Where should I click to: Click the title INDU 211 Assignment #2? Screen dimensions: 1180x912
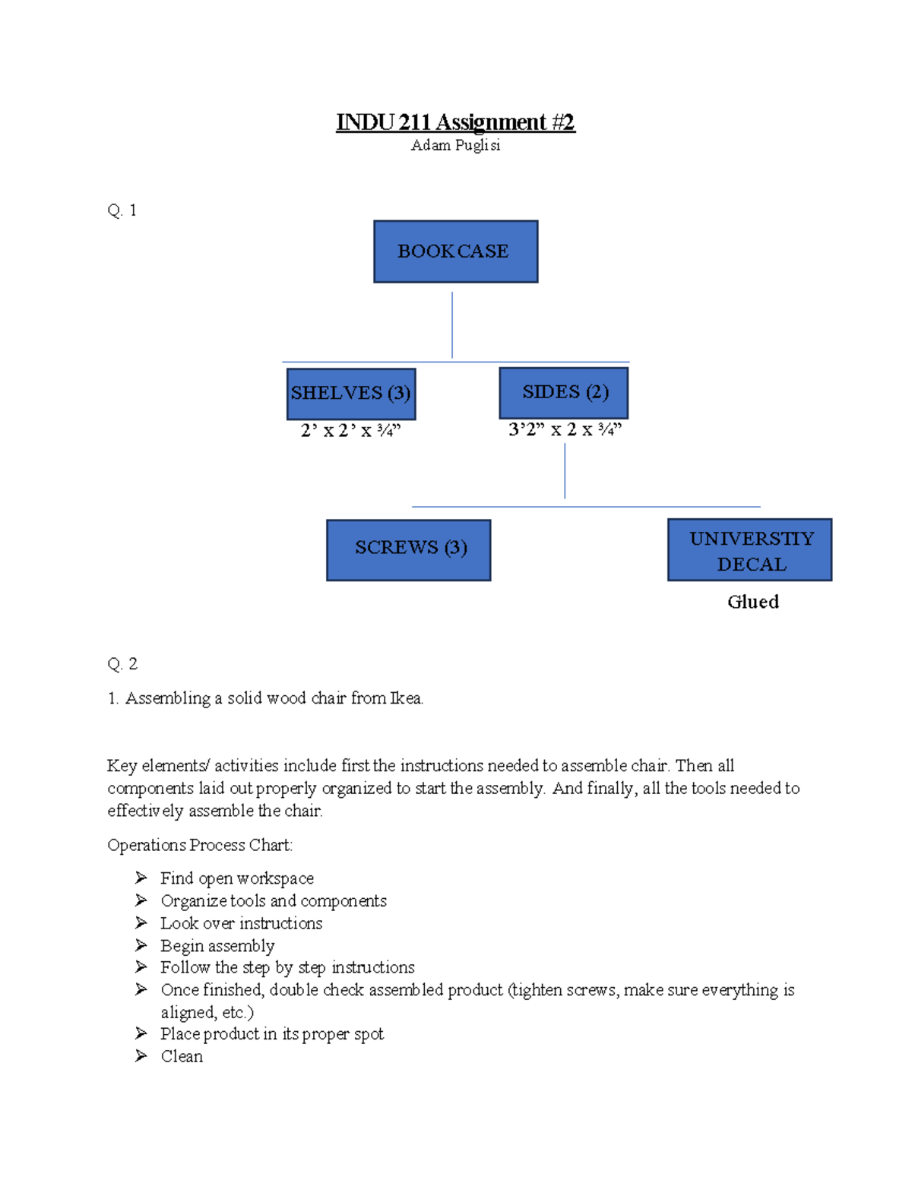[x=455, y=122]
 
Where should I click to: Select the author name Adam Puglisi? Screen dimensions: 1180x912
[x=455, y=145]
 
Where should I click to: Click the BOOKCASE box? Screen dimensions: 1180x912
[x=455, y=252]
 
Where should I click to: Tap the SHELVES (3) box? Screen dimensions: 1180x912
[x=351, y=394]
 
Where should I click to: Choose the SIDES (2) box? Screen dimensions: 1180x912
[x=564, y=393]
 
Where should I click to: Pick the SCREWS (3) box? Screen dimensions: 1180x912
[x=409, y=550]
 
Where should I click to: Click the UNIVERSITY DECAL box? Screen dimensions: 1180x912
[x=749, y=550]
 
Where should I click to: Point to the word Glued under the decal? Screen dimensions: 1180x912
[x=752, y=602]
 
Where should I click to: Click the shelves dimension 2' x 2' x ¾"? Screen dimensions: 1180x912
[x=350, y=431]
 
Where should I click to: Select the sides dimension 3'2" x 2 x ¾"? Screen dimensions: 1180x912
[x=565, y=430]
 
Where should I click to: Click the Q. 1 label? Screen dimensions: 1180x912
[x=122, y=210]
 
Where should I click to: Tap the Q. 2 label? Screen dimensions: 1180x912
[x=122, y=664]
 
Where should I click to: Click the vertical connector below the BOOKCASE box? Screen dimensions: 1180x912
[x=452, y=325]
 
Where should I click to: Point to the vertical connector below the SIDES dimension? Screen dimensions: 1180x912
[x=565, y=471]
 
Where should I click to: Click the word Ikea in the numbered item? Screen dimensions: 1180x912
[x=406, y=698]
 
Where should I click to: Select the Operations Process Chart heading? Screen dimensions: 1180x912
[x=200, y=845]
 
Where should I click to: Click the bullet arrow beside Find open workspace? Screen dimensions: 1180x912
[x=141, y=878]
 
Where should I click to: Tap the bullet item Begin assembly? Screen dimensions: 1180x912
[x=217, y=946]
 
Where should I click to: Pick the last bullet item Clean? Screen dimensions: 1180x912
[x=182, y=1056]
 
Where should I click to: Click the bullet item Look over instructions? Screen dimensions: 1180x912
[x=242, y=923]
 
